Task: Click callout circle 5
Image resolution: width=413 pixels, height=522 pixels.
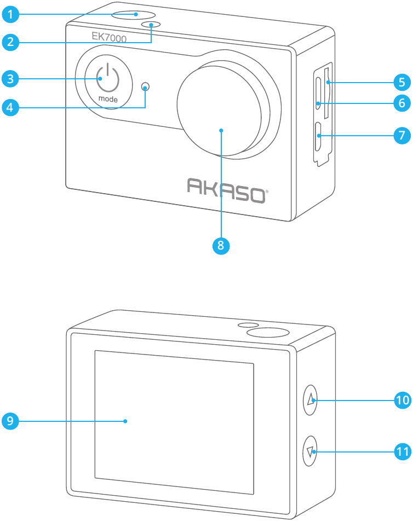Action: (x=402, y=83)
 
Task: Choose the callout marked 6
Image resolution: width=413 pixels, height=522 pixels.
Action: (x=402, y=102)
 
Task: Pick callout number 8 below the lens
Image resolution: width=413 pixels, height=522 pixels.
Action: (x=221, y=245)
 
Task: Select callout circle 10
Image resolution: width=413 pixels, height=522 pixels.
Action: (x=403, y=400)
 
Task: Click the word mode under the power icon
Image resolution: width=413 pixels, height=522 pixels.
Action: (x=108, y=100)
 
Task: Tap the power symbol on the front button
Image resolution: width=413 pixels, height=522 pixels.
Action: (x=107, y=78)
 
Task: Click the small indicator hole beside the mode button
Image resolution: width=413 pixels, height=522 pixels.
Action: (x=145, y=86)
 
